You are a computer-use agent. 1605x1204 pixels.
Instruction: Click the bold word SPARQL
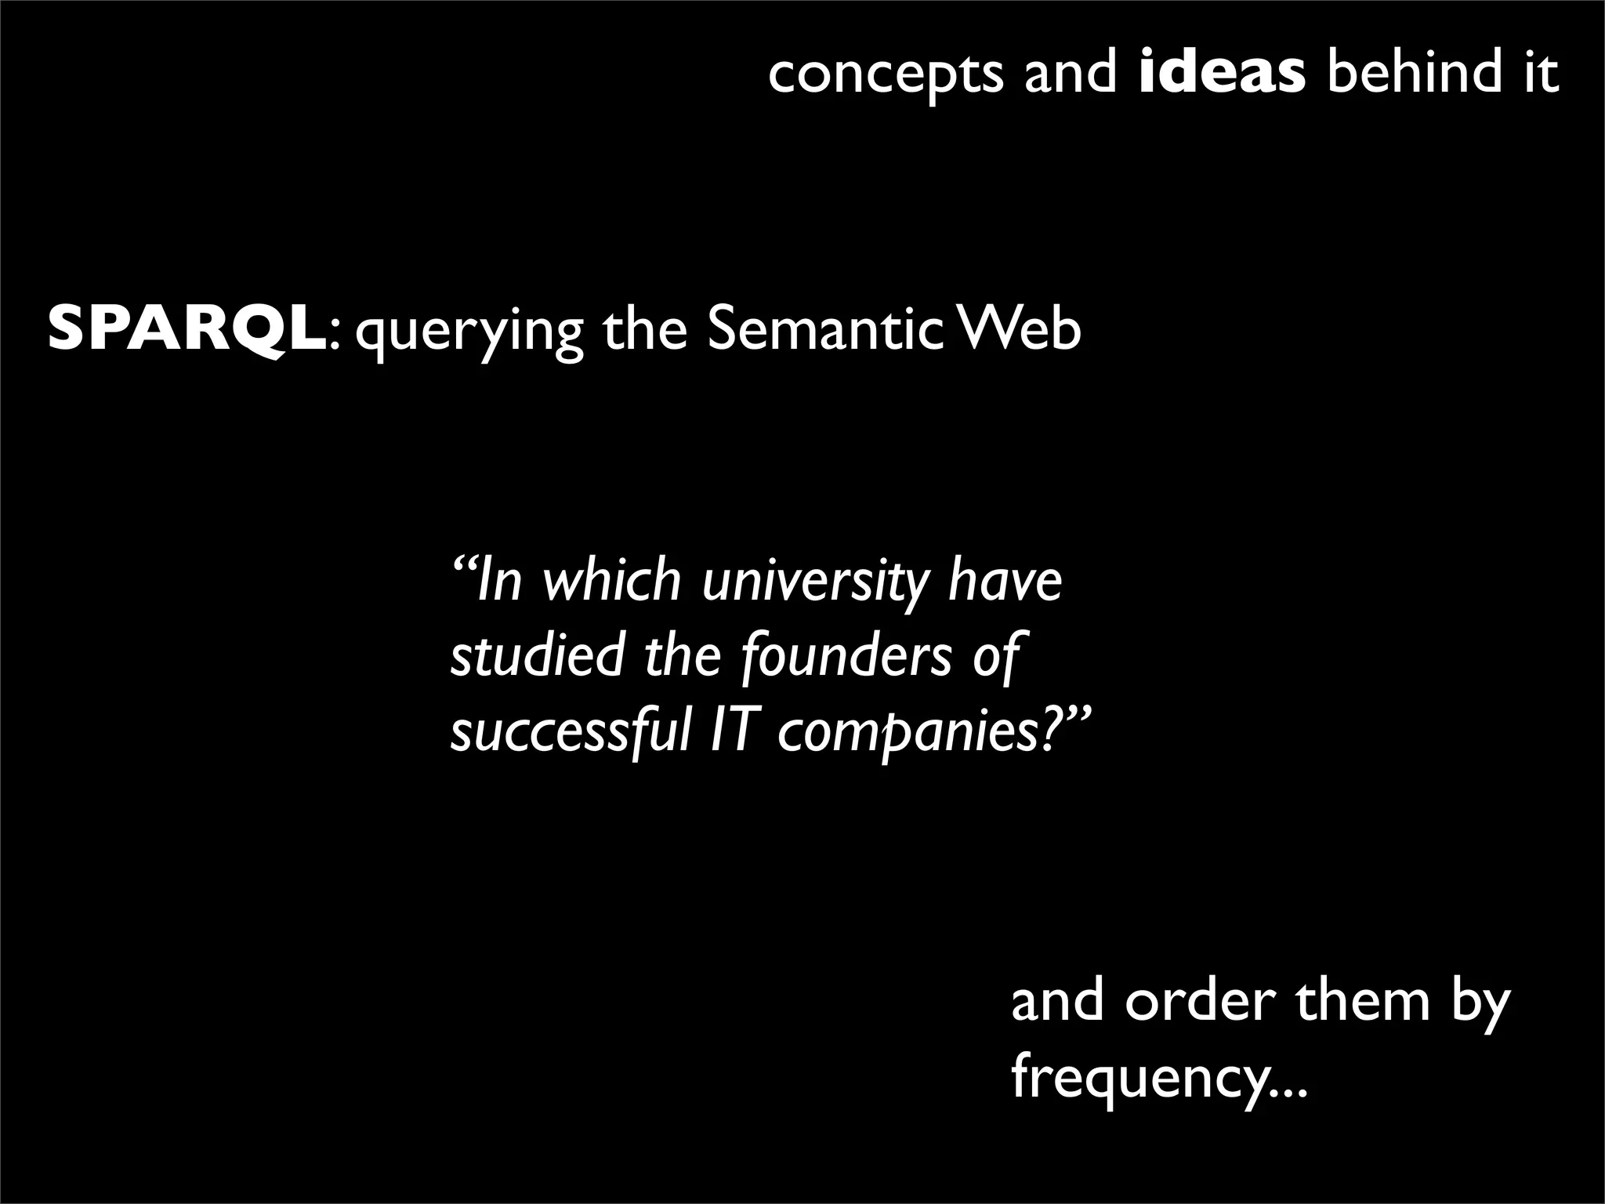pos(187,330)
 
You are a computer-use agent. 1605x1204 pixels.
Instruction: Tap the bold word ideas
pos(1222,73)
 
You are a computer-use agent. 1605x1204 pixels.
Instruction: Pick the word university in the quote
pos(813,582)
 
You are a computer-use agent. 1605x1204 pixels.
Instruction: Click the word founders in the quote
pos(846,657)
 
